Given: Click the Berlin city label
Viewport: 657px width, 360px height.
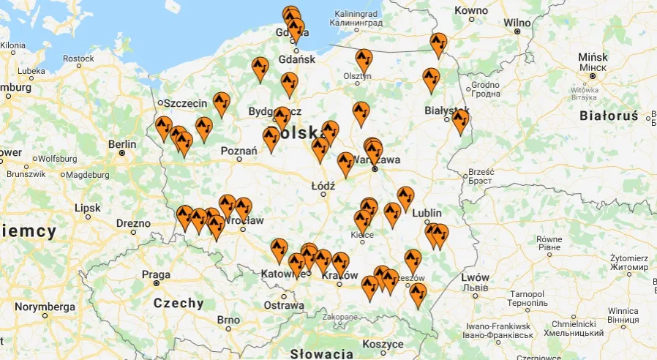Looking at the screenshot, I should coord(121,144).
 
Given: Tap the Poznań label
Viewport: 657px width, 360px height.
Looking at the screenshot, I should coord(239,151).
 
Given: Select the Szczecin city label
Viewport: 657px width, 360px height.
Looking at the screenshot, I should coord(185,103).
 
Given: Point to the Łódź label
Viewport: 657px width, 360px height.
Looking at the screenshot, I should coord(323,186).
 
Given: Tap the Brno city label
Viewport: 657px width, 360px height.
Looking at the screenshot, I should coord(228,320).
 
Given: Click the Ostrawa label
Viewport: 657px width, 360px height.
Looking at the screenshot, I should coord(284,305).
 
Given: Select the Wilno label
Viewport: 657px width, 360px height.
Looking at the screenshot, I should coord(517,23).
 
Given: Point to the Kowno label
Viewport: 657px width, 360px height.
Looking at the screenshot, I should coord(470,10).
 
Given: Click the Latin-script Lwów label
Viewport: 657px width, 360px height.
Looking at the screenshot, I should coord(475,277).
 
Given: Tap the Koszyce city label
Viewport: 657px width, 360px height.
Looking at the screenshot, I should coord(383,344).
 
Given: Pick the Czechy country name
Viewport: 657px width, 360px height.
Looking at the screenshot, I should coord(179,303).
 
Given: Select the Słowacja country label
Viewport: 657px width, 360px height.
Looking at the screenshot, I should coord(320,354).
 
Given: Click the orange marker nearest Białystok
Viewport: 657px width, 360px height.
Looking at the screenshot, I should coord(459,119).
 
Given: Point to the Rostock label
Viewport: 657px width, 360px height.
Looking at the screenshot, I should coord(78,59).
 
